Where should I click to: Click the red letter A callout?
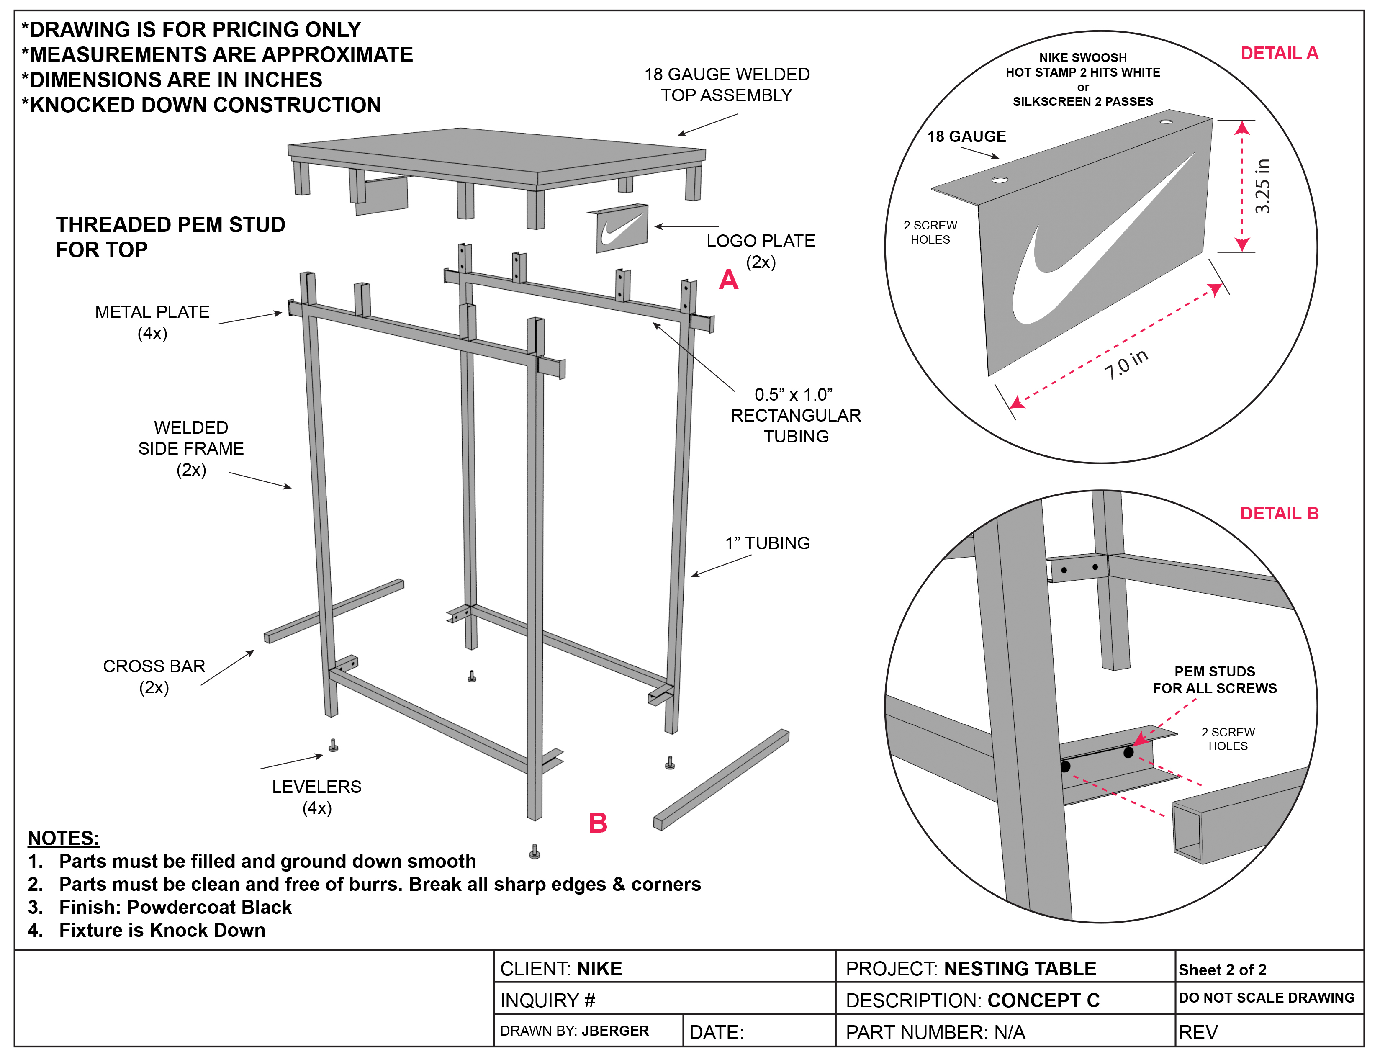[x=728, y=280]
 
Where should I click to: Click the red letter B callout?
[x=598, y=823]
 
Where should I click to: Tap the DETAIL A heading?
[x=1279, y=54]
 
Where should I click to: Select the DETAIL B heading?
[x=1279, y=513]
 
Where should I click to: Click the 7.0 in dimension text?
[x=1126, y=365]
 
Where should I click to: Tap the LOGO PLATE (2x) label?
[x=761, y=251]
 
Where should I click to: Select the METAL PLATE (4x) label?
[x=152, y=322]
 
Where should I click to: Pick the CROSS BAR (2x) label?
[x=154, y=676]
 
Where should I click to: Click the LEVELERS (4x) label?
[x=316, y=797]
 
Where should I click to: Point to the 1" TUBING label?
[x=767, y=543]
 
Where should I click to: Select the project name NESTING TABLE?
[x=1020, y=968]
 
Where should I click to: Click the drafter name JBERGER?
[x=614, y=1031]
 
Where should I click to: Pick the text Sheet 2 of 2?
[x=1222, y=970]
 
